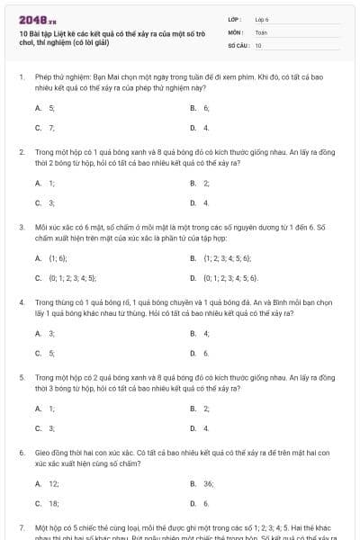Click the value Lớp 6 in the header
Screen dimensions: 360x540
pyautogui.click(x=263, y=19)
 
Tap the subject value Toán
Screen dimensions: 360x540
pyautogui.click(x=261, y=31)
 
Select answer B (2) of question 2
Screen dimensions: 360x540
pyautogui.click(x=206, y=183)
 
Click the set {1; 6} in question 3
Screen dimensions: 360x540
pyautogui.click(x=58, y=258)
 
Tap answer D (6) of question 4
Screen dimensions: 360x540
pyautogui.click(x=206, y=353)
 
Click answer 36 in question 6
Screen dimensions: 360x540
pyautogui.click(x=209, y=483)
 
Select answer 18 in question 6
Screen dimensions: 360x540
pyautogui.click(x=53, y=503)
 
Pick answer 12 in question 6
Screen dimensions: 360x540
pyautogui.click(x=53, y=483)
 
